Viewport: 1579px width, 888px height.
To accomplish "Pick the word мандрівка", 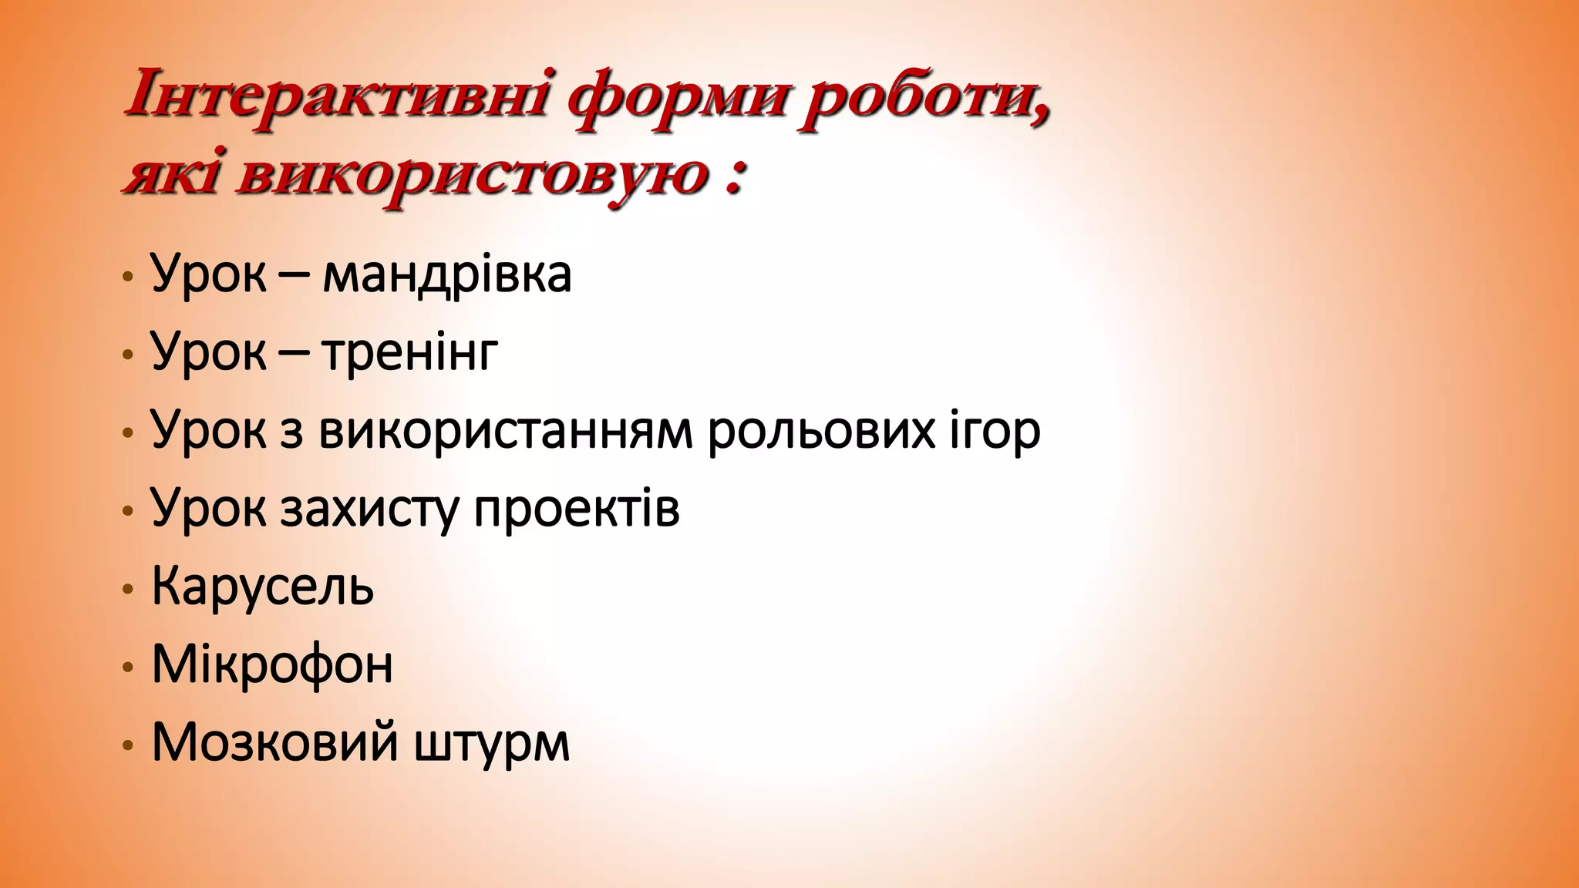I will tap(446, 274).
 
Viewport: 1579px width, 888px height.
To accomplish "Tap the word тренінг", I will tap(409, 353).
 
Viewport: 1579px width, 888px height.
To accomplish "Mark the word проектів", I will tap(577, 509).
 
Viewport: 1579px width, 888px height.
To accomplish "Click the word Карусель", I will tap(262, 587).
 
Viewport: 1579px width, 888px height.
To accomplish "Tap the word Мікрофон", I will tap(272, 664).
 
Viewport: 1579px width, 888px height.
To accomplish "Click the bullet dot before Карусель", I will tap(128, 590).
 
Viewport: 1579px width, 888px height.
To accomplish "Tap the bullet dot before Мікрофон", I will tap(128, 668).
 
